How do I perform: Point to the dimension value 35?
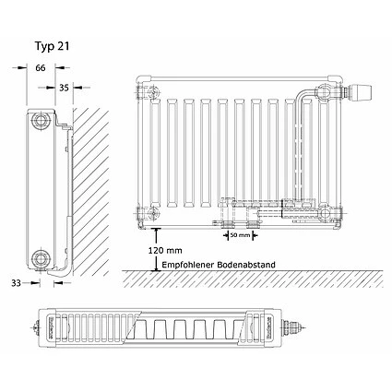pos(64,88)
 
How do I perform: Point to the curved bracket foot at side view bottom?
pos(57,271)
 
